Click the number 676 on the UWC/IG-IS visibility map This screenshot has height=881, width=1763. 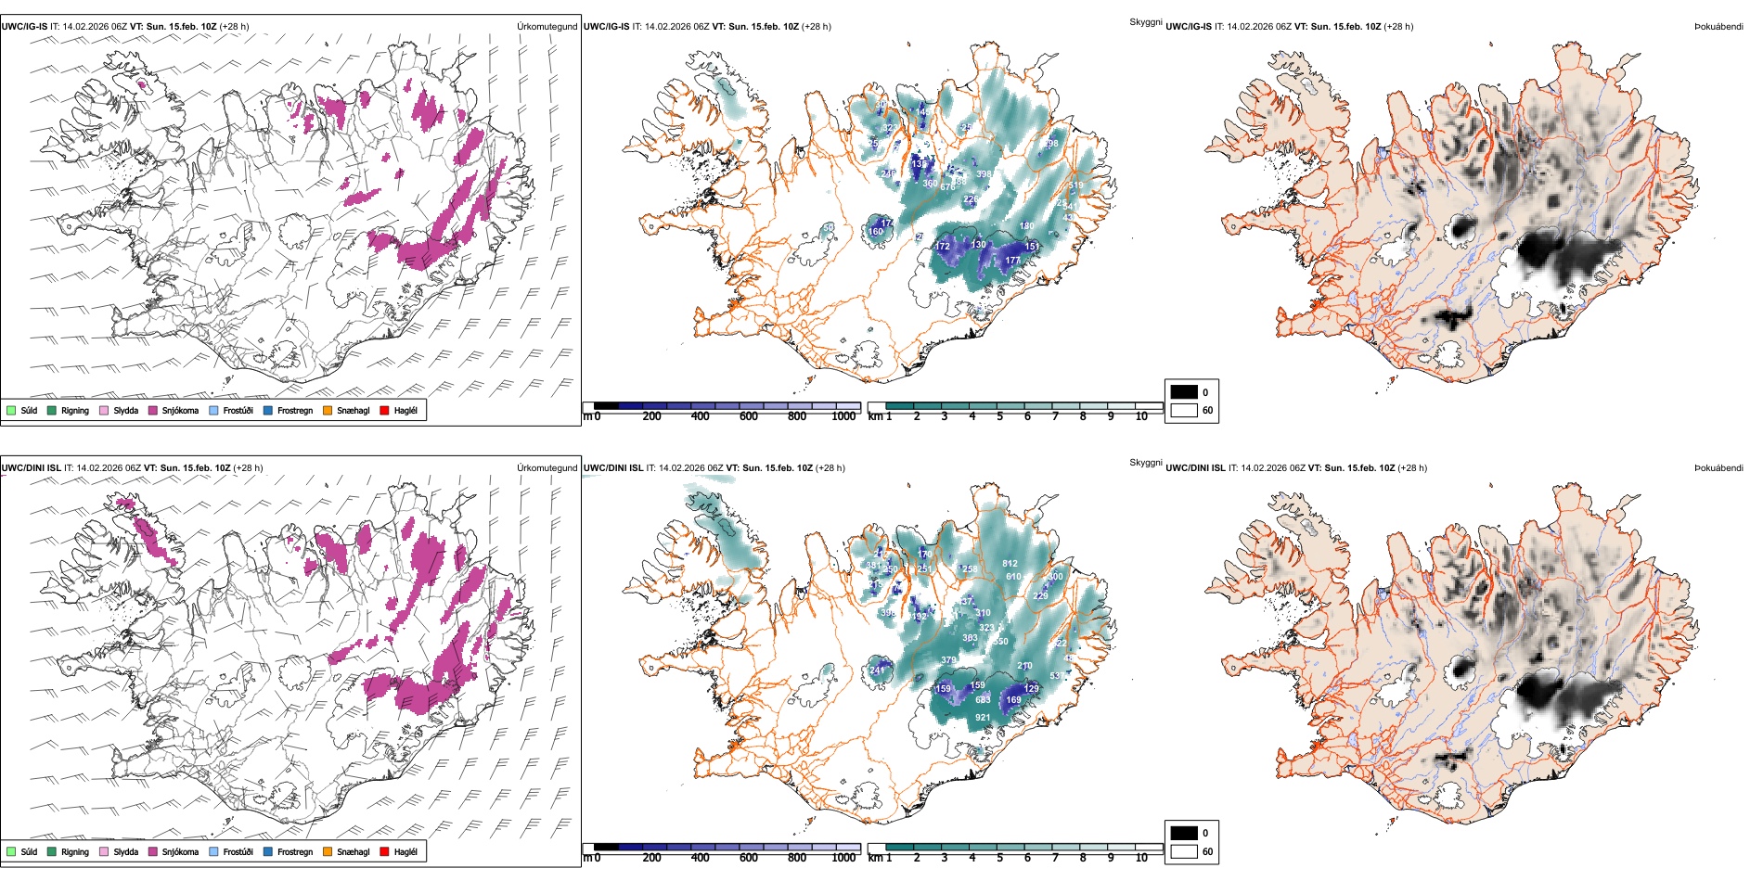pos(947,187)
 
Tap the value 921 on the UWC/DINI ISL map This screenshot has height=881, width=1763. pos(983,718)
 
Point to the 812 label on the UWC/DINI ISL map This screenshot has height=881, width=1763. pos(1010,564)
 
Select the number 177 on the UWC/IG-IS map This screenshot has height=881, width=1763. pos(1012,261)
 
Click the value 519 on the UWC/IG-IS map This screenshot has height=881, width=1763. pos(1075,185)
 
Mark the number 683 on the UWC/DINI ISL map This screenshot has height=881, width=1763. pos(983,700)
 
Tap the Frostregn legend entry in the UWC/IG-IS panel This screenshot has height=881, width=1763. pos(294,410)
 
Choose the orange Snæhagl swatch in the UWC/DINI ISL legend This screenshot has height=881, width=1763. pos(328,851)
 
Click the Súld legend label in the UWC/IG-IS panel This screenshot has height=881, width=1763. pos(29,410)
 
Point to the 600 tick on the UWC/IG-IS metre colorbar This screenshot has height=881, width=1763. pos(748,416)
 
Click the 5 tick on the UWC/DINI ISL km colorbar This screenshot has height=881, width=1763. pos(999,858)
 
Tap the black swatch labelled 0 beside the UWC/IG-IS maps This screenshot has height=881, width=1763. pos(1184,392)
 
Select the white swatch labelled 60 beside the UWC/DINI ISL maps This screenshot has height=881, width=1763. pos(1184,851)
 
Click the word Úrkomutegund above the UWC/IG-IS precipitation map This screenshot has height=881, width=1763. pos(547,27)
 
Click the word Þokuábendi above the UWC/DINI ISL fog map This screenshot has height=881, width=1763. pos(1718,468)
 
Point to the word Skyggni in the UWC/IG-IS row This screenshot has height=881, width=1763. pos(1145,22)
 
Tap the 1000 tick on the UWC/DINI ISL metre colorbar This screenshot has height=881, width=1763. pos(843,858)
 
